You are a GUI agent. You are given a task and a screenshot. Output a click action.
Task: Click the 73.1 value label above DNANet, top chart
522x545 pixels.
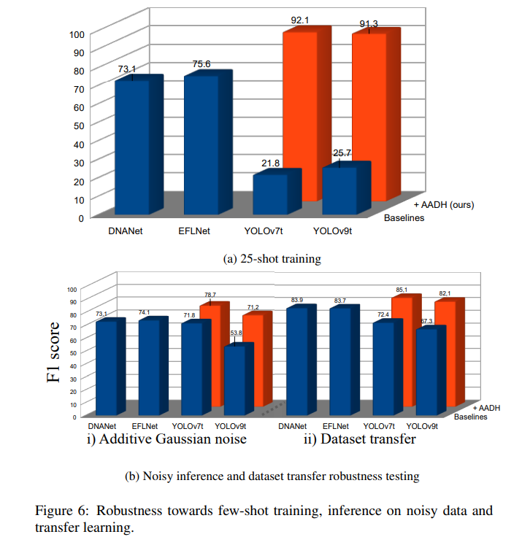[127, 69]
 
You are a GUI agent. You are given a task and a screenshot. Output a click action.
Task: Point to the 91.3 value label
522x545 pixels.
[369, 24]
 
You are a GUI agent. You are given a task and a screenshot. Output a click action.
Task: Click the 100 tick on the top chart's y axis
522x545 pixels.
[77, 34]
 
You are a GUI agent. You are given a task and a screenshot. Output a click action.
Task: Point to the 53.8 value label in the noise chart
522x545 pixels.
[235, 333]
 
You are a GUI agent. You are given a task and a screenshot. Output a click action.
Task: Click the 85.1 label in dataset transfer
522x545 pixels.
[399, 290]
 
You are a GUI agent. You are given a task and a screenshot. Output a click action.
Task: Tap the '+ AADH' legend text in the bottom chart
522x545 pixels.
[486, 408]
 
